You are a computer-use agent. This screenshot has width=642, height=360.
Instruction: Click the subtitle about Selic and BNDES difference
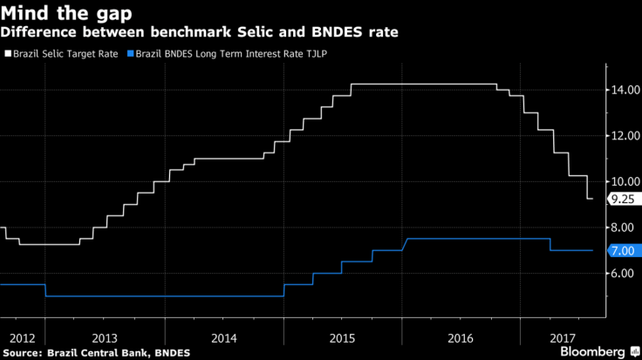(x=200, y=33)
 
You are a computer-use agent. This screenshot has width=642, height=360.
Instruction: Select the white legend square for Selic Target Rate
(x=8, y=54)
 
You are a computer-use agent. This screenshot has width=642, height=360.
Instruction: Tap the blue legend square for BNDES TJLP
(x=130, y=54)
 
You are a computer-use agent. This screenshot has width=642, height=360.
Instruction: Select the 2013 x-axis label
(x=104, y=336)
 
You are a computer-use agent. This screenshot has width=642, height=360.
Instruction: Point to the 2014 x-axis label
(x=223, y=336)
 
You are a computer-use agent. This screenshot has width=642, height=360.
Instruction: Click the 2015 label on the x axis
(x=342, y=336)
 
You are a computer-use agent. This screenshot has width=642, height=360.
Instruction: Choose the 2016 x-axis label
(x=461, y=336)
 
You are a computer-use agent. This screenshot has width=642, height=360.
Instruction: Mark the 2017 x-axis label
(x=561, y=336)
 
